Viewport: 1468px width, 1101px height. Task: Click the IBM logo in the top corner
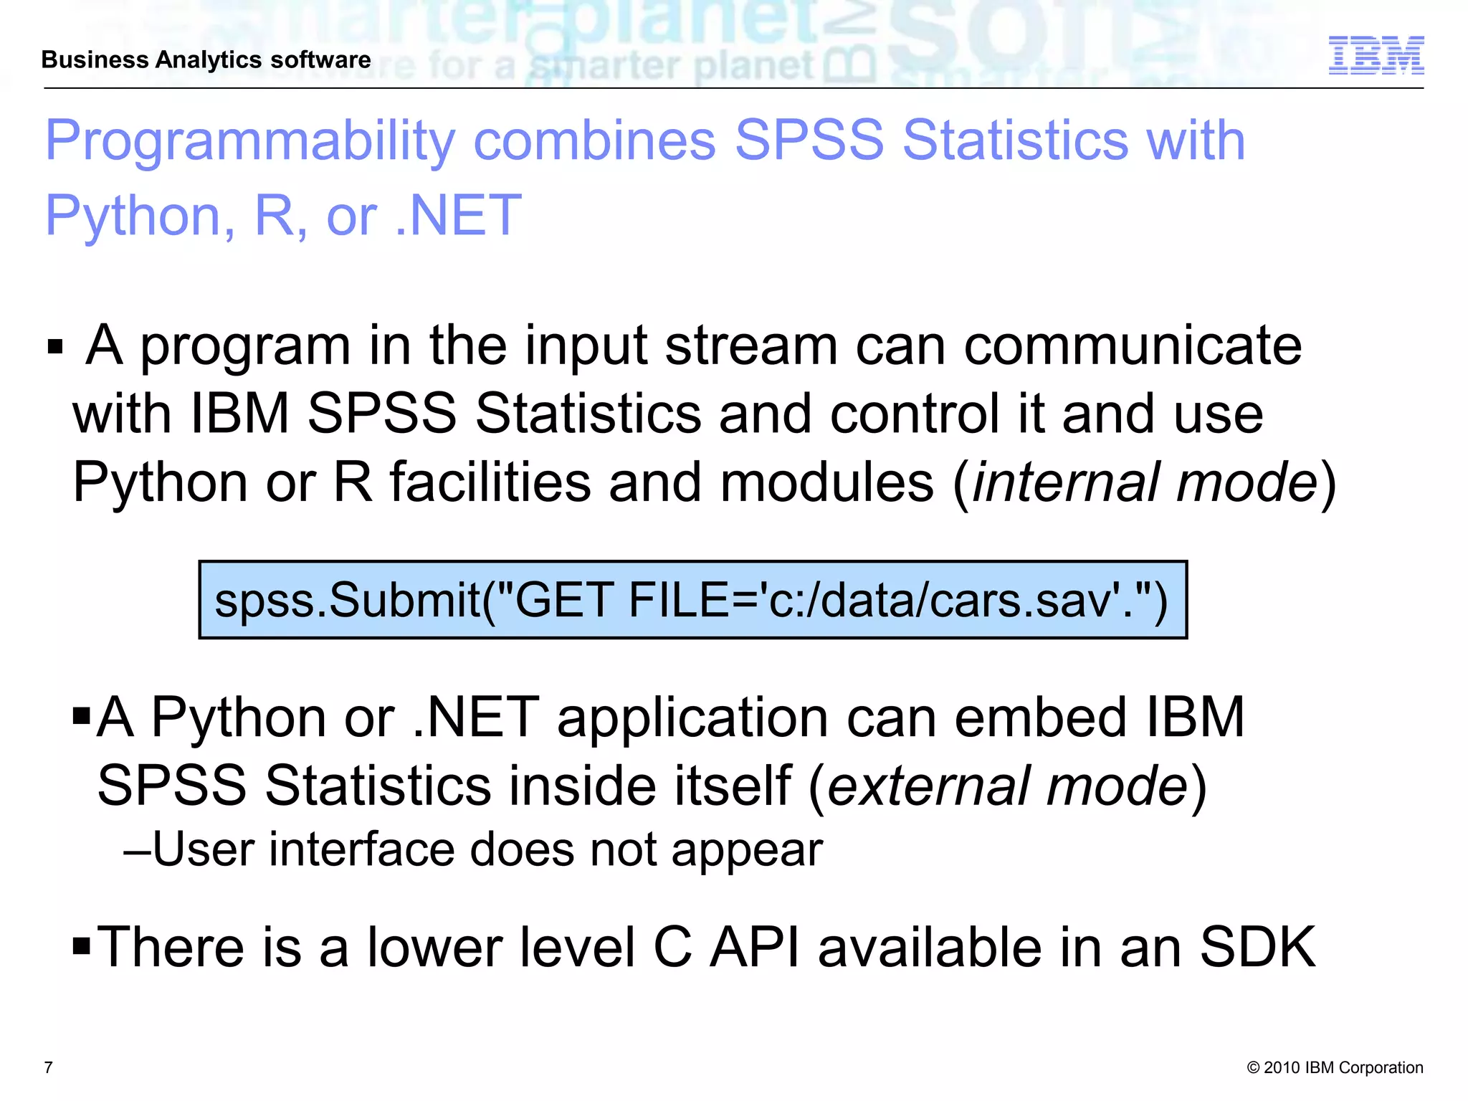tap(1376, 55)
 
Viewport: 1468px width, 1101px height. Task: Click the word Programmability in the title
tap(250, 140)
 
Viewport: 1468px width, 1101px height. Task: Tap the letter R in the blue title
tap(275, 215)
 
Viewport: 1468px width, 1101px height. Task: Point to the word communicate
tap(1132, 345)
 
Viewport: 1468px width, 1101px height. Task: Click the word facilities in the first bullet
tap(490, 482)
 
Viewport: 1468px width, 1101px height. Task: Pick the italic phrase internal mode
tap(1145, 482)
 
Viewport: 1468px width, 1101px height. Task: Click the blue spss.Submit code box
tap(692, 600)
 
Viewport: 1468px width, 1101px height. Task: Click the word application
tap(692, 718)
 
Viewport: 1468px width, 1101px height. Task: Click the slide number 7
tap(49, 1068)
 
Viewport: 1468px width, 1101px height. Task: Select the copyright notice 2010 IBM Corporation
tap(1335, 1068)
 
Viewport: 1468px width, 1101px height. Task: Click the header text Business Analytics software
tap(206, 59)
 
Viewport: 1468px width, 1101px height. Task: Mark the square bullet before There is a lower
tap(82, 945)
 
